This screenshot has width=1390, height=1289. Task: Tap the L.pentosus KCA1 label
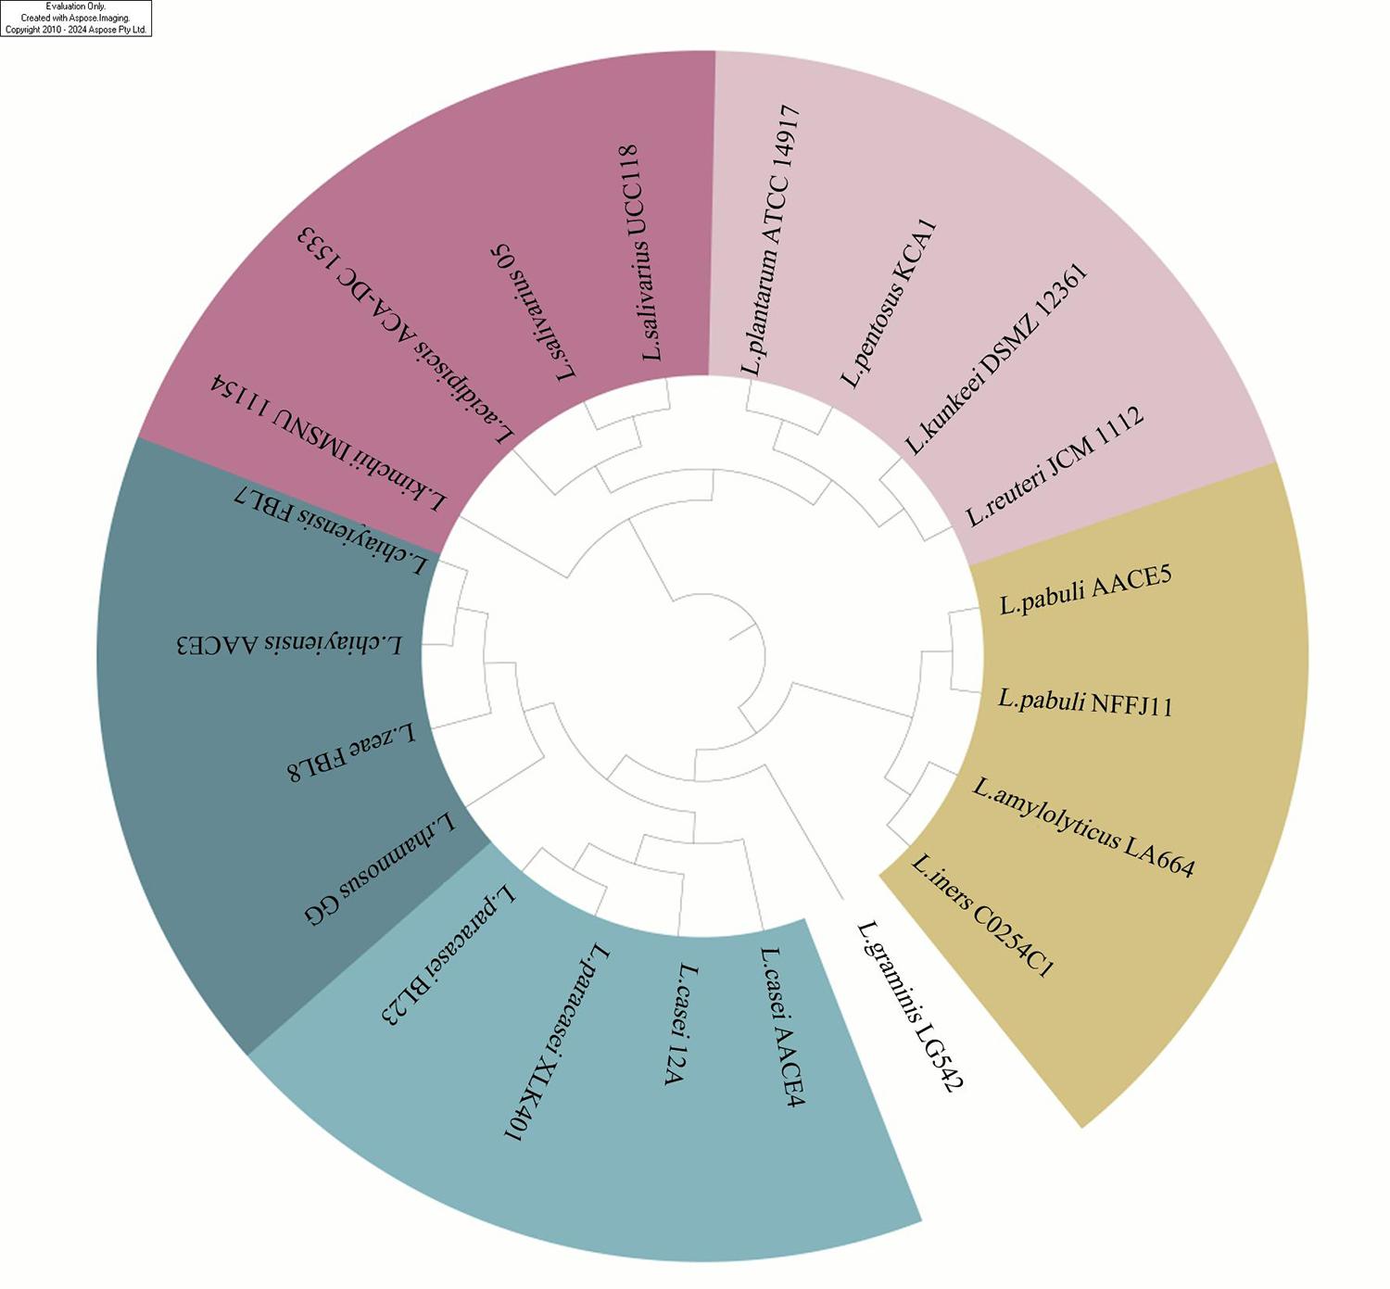pos(889,304)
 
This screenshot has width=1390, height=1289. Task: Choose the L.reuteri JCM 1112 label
pos(1055,465)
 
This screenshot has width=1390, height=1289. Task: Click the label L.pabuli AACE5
pos(1085,589)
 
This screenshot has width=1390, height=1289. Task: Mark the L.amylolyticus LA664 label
pos(1083,827)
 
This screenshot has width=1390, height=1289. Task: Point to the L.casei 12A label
pos(681,1025)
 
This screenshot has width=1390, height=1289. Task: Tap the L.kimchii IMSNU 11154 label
pos(327,443)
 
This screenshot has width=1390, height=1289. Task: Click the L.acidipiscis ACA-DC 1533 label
pos(405,335)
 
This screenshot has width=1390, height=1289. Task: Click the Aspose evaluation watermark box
pos(76,19)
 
